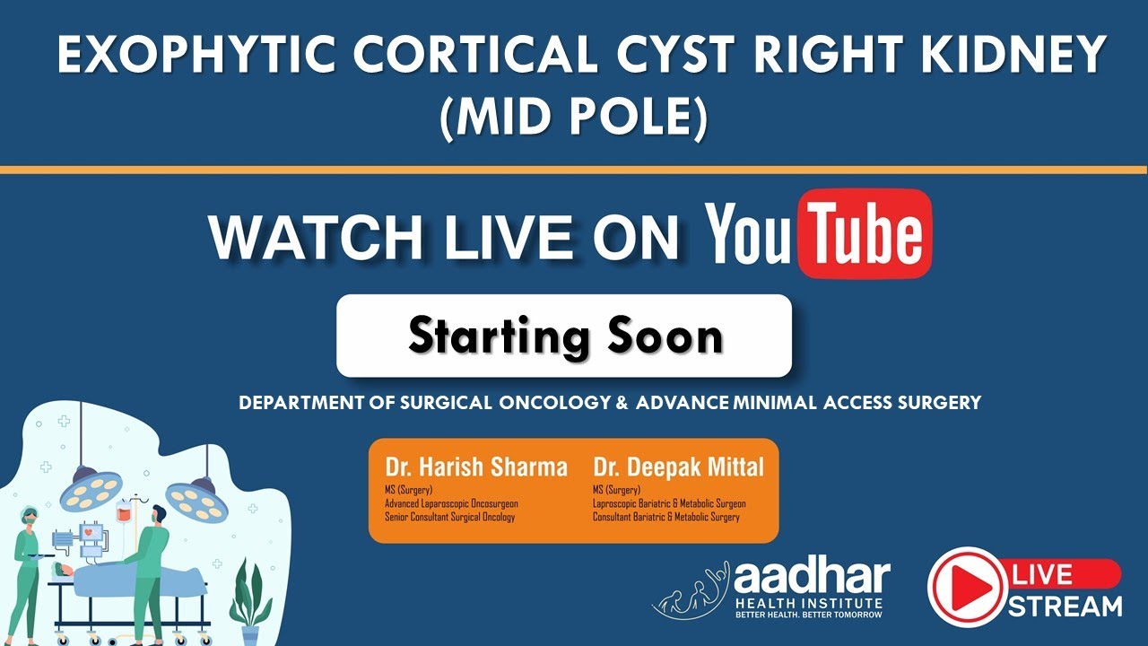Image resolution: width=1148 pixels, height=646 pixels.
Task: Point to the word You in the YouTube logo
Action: tap(752, 234)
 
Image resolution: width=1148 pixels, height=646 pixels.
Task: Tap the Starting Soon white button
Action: tap(563, 336)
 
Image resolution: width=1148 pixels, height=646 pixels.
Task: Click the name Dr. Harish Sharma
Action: tap(476, 467)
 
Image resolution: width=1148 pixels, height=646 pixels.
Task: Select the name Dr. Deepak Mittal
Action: tap(679, 467)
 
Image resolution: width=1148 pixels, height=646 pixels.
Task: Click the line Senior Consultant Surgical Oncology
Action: tap(450, 517)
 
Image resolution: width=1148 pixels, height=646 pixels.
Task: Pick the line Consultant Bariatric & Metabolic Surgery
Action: tap(666, 517)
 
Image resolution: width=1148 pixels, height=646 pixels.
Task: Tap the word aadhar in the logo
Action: tap(812, 578)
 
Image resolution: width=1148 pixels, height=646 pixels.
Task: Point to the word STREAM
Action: tap(1065, 607)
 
